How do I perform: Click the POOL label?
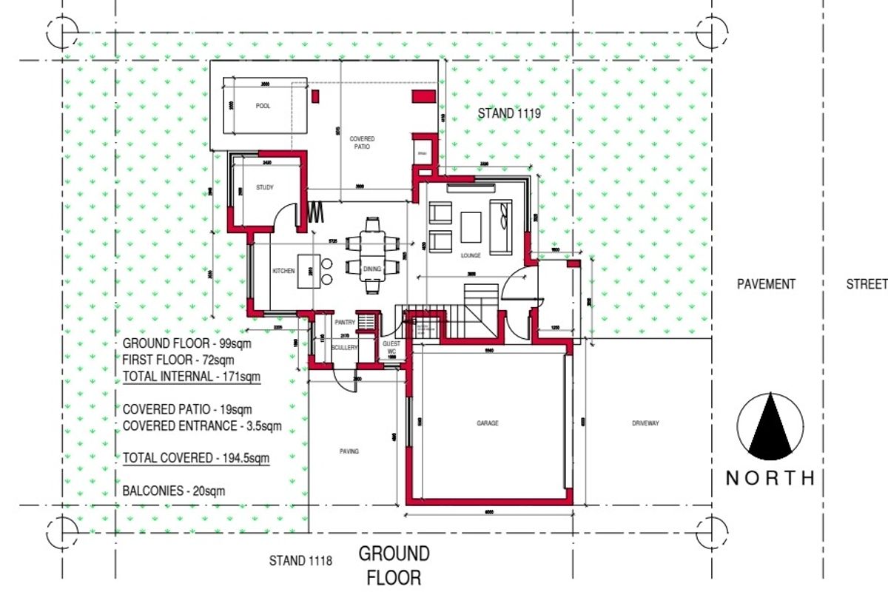(x=263, y=106)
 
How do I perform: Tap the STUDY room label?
(x=265, y=188)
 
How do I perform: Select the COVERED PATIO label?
(x=363, y=143)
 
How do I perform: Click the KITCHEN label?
(x=283, y=271)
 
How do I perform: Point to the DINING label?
(x=371, y=269)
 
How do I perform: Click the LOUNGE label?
(x=471, y=255)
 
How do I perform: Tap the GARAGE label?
(x=487, y=423)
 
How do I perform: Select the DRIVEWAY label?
(x=645, y=423)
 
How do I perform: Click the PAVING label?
(x=349, y=451)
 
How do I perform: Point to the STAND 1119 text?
(x=509, y=114)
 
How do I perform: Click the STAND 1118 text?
(x=300, y=562)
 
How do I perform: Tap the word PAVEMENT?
(x=766, y=284)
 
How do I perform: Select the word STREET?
(x=867, y=284)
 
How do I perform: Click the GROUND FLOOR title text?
(x=394, y=565)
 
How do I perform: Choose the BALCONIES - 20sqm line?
(x=174, y=490)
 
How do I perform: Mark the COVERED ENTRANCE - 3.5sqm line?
(x=202, y=425)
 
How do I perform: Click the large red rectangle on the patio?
(x=424, y=95)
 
